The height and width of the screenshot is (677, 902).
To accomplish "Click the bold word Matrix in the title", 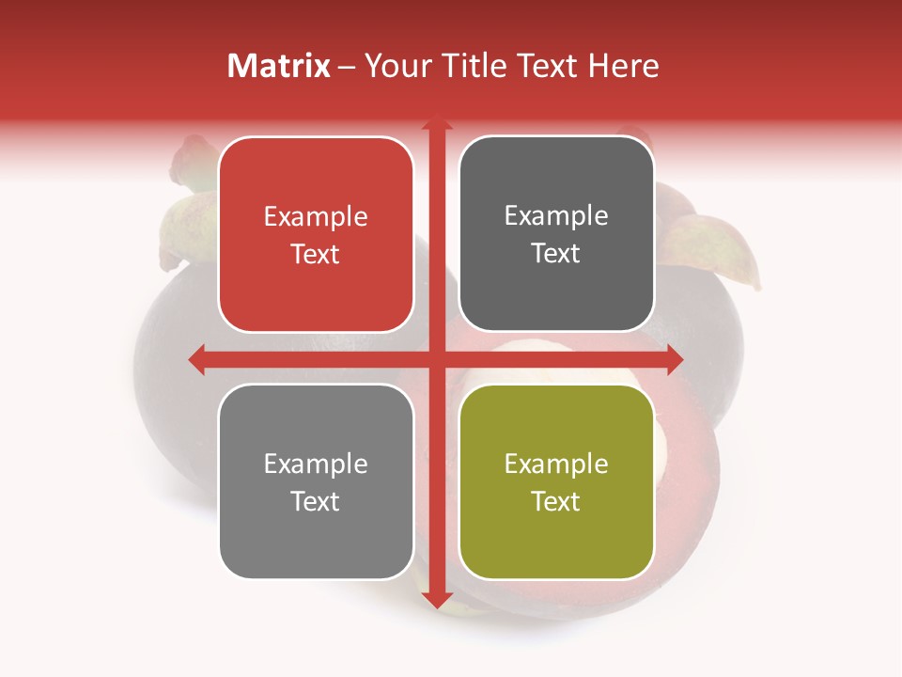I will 279,66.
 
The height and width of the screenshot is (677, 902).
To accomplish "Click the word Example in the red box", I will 316,217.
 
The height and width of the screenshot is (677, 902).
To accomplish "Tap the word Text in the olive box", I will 556,501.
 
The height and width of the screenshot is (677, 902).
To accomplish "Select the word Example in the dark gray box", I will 556,216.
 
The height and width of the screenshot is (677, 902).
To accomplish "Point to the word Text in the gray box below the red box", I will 316,501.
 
